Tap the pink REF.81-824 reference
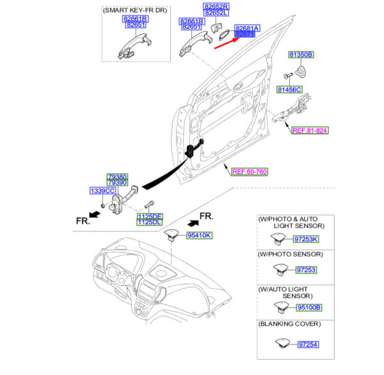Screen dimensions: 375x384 click(310, 130)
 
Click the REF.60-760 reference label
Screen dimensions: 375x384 click(249, 171)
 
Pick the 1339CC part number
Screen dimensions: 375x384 click(102, 191)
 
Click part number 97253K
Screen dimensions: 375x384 click(305, 239)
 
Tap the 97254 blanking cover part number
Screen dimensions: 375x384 click(308, 345)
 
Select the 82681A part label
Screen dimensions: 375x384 click(246, 29)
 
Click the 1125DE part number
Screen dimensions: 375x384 click(149, 217)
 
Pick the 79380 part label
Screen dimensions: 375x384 click(117, 176)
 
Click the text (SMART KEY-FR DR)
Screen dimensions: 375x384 click(132, 10)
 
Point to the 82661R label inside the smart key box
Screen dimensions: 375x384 click(136, 19)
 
